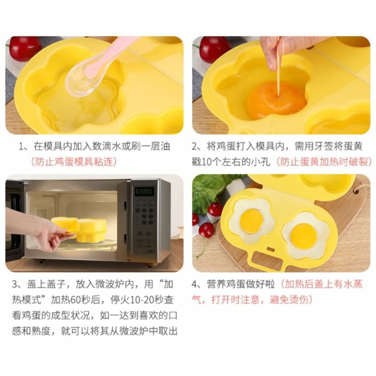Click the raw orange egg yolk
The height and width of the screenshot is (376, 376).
(276, 101)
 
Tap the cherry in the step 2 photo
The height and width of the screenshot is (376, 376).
(215, 49)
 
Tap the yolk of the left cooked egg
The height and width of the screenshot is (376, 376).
(251, 221)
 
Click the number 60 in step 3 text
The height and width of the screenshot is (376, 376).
(76, 300)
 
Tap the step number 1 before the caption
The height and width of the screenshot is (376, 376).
(21, 147)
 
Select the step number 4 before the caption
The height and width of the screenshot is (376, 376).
(195, 284)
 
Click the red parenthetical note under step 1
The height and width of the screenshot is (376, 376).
(74, 162)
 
